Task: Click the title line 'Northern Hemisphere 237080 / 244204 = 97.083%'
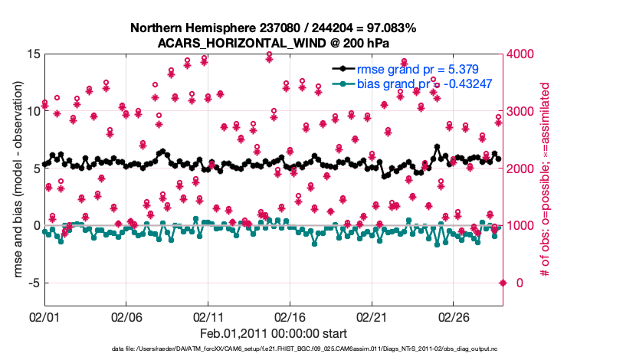coord(274,28)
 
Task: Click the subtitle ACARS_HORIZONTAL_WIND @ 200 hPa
coord(274,43)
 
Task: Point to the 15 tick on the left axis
coord(33,54)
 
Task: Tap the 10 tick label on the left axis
coord(33,111)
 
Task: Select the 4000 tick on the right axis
coord(524,54)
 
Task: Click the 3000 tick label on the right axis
coord(524,111)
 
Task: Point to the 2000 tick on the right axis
coord(524,169)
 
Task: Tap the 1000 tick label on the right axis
coord(524,226)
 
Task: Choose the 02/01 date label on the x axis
coord(44,316)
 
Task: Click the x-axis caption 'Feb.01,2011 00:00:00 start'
coord(274,334)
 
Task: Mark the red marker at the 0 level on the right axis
coord(503,283)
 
